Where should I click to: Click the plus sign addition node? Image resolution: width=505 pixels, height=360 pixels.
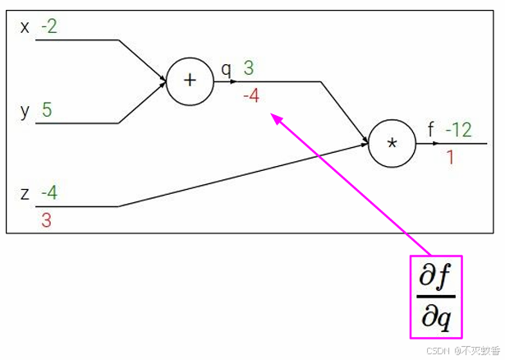coord(191,81)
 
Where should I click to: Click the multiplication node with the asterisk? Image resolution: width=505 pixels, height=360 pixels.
coord(392,143)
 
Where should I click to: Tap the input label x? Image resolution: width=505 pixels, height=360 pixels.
coord(25,27)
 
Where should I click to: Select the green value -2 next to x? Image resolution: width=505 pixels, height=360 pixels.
coord(48,27)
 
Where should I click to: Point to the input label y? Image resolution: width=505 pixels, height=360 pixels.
coord(25,110)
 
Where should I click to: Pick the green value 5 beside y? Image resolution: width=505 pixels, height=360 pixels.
coord(47,110)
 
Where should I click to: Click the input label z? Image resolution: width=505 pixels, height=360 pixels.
coord(25,194)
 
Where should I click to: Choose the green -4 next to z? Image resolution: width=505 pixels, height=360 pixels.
coord(48,194)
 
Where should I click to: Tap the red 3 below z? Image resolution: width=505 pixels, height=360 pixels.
coord(46,220)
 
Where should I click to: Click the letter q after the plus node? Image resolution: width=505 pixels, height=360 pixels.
coord(226,69)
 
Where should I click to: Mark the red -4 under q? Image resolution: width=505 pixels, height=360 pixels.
coord(251,96)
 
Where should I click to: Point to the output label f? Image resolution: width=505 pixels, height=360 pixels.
coord(431,129)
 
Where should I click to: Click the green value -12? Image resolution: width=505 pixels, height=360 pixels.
coord(458,129)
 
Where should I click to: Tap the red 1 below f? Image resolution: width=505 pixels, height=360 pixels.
coord(450,156)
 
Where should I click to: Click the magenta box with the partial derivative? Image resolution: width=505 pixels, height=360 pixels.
coord(436,297)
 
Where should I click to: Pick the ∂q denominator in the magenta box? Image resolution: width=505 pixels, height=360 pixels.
coord(436,316)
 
